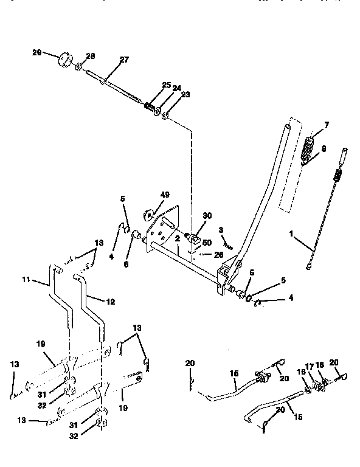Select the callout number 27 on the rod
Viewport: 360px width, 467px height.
point(124,60)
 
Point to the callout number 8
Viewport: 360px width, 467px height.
point(324,148)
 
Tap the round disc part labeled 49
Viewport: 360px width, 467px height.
point(148,214)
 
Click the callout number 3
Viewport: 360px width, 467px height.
point(222,229)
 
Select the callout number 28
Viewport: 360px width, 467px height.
point(91,56)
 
